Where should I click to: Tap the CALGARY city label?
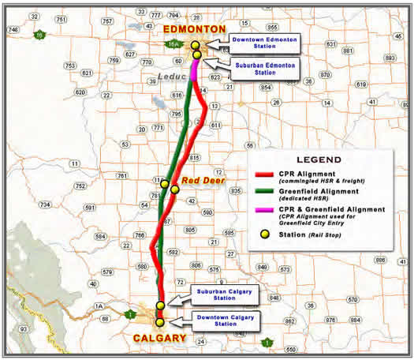161,338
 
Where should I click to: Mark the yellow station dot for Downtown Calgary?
160,322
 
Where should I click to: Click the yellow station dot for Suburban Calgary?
161,305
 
